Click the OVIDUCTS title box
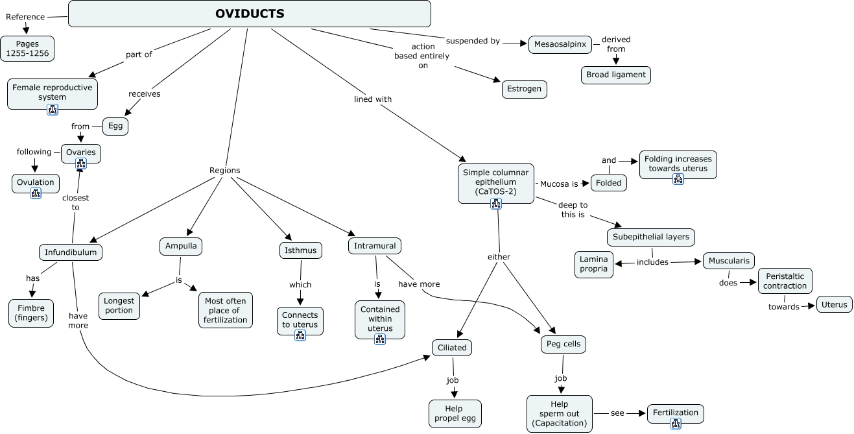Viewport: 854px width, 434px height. point(250,14)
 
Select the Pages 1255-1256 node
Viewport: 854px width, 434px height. point(27,49)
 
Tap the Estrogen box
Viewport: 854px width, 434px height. point(524,90)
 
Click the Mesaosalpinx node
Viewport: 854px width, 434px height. point(560,44)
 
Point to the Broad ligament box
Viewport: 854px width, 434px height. point(616,75)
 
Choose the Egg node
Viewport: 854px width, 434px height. point(115,127)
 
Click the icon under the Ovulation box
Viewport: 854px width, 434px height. point(36,194)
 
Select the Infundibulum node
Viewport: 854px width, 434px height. point(71,252)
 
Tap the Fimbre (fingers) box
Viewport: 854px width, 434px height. point(31,313)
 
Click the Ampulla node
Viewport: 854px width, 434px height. point(181,247)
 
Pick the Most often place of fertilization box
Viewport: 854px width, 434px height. point(225,310)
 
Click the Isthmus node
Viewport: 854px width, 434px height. point(300,250)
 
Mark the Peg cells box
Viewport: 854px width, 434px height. point(563,344)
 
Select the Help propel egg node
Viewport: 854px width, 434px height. point(455,414)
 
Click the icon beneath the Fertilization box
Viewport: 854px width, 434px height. point(676,424)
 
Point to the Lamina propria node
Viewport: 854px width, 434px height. point(593,264)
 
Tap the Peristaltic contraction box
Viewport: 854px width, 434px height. point(785,281)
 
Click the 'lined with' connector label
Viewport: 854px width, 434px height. point(372,99)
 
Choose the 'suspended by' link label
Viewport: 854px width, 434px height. point(473,41)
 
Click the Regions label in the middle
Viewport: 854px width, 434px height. point(224,171)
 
